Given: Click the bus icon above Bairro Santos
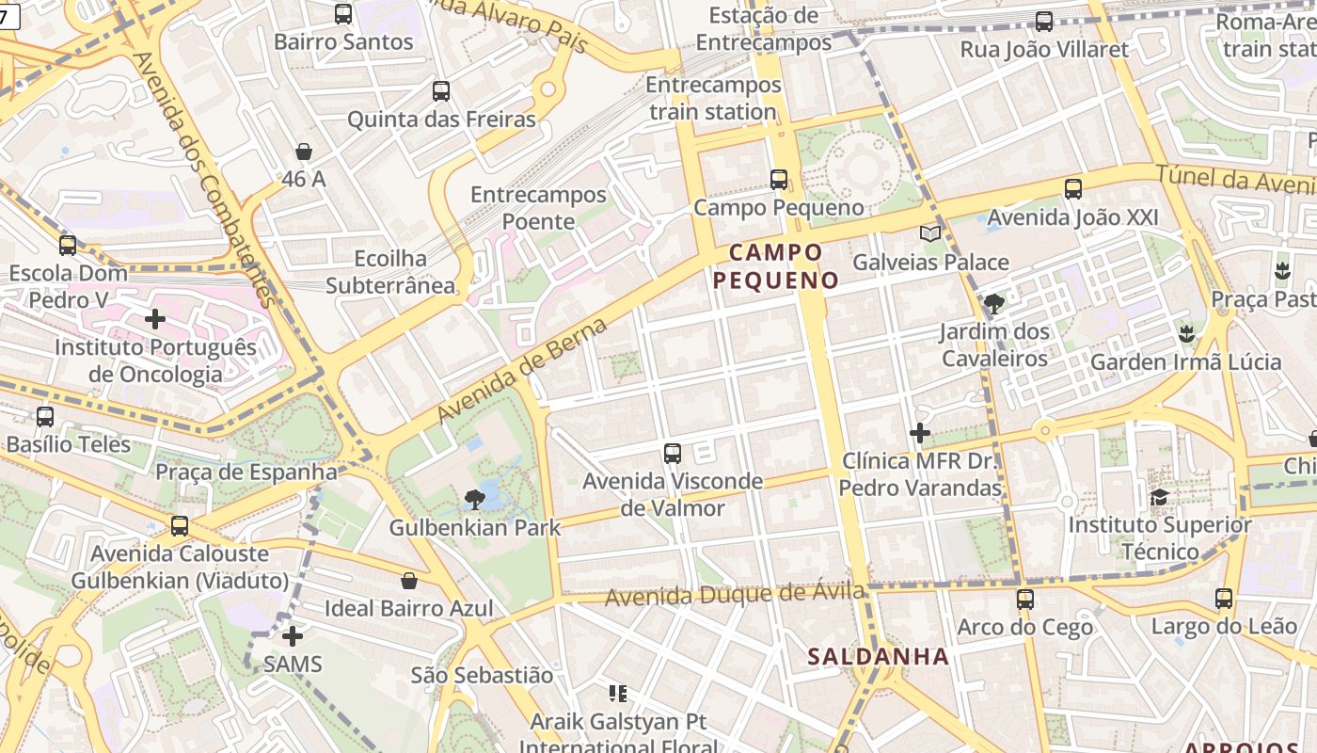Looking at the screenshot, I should tap(343, 14).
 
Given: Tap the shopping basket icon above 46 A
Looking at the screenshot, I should tap(304, 152).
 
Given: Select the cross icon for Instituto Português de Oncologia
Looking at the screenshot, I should tap(155, 319).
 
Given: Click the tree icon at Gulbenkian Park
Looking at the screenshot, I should tap(475, 500).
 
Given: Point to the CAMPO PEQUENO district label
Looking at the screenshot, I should tap(775, 266).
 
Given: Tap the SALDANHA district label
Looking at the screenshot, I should tap(879, 656).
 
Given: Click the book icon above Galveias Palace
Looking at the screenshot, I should tap(929, 234).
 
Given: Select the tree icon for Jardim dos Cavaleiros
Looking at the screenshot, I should tap(994, 304).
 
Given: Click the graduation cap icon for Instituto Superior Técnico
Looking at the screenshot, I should tap(1159, 497).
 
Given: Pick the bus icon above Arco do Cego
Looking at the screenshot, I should tap(1025, 599).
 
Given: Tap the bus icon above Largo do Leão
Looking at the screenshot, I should tap(1224, 599).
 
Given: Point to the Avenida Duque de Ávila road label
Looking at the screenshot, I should tap(735, 595).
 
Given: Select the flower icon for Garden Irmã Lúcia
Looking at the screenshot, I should tap(1186, 333).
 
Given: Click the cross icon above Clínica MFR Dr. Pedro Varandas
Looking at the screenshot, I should tap(920, 433).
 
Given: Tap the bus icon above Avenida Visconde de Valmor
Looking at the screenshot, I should tap(673, 454).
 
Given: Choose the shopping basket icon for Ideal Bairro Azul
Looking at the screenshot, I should tap(409, 581).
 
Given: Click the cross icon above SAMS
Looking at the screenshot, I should tap(293, 636).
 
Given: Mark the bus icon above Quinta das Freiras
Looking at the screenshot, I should tap(441, 91).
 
